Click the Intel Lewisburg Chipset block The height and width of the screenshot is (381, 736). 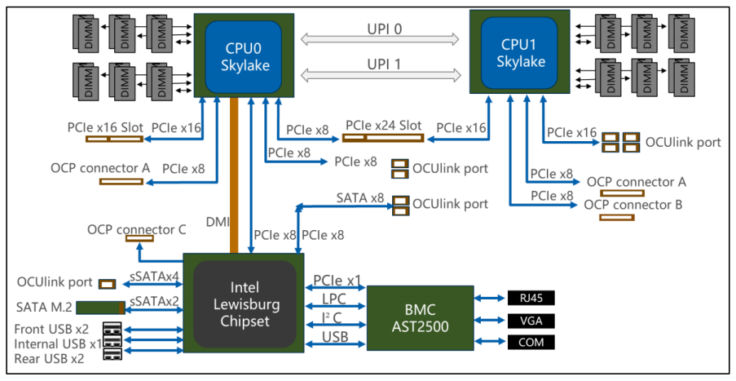(244, 303)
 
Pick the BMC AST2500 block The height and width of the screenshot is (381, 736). (420, 319)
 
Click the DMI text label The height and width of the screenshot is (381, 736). (217, 221)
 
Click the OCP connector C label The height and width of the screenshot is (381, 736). (137, 229)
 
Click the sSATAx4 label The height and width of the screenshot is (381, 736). (154, 277)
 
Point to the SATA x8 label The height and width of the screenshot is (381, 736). (359, 197)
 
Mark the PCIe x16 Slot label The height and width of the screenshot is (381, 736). (104, 128)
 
